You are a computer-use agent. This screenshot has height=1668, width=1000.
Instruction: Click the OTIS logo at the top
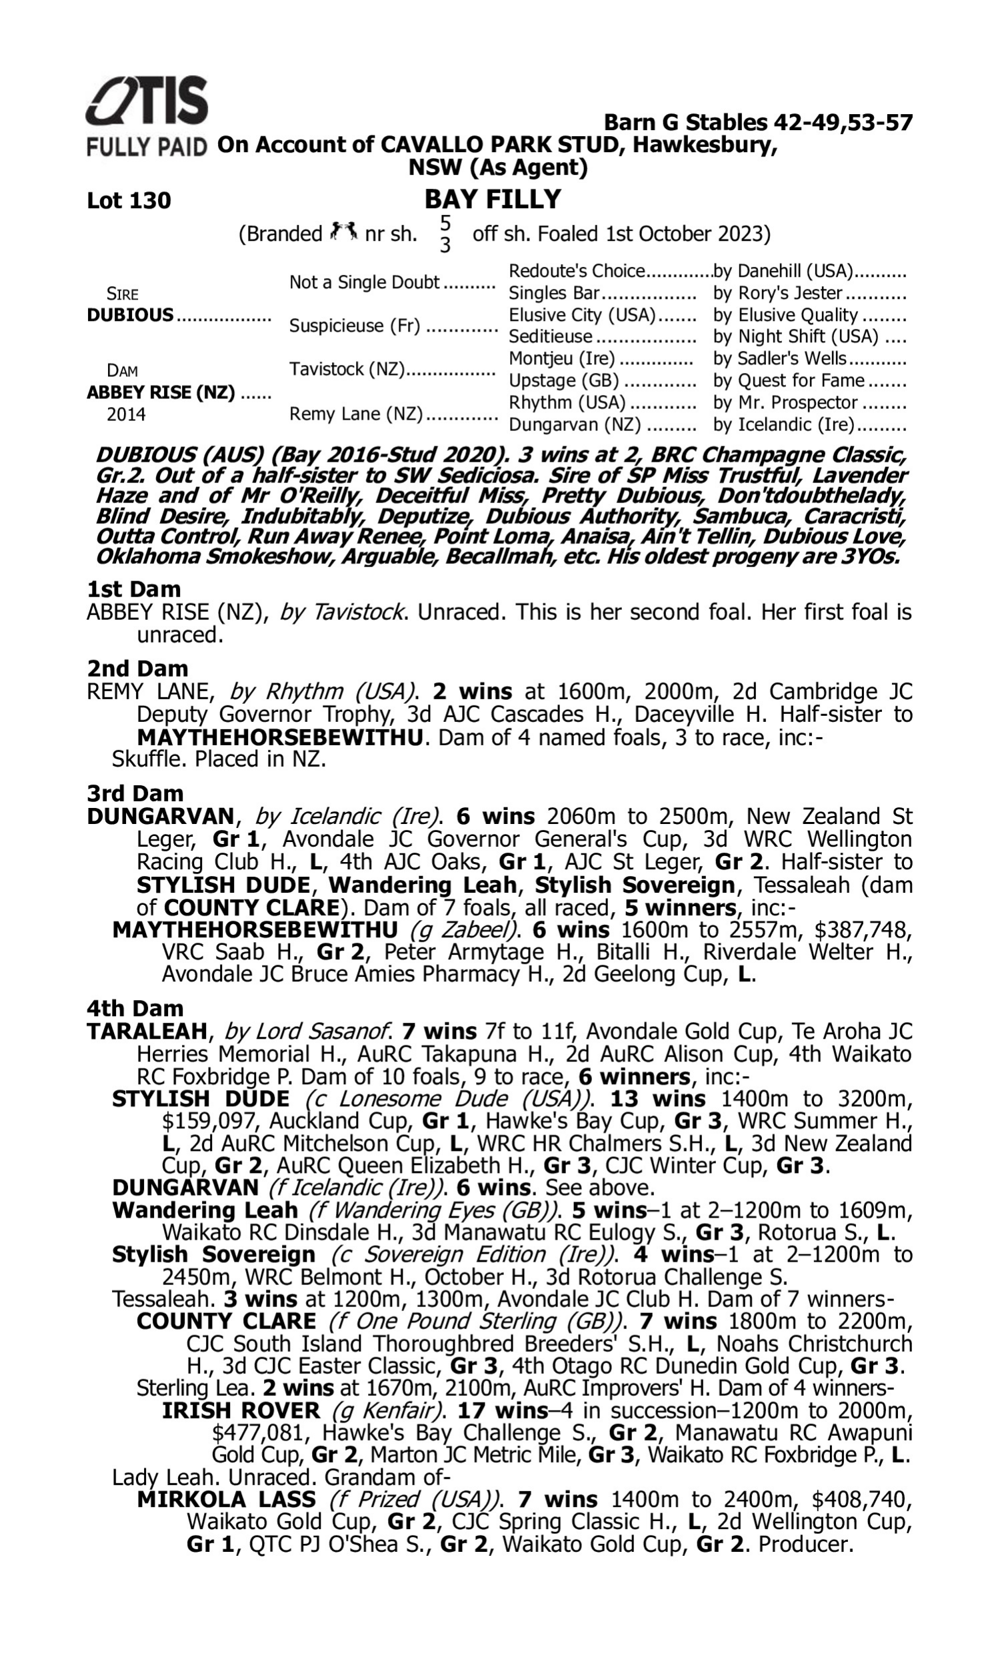(147, 101)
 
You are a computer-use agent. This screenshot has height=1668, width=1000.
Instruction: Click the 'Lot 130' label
(129, 200)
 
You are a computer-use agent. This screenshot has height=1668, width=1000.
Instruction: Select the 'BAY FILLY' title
(493, 199)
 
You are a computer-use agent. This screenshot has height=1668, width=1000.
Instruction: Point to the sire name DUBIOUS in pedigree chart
(130, 315)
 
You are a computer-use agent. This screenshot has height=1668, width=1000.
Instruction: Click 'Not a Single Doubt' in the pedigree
(364, 282)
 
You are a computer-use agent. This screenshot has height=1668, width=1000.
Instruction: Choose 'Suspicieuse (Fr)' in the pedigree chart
(355, 326)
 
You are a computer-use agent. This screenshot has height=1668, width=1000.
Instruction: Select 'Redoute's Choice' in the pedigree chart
(576, 271)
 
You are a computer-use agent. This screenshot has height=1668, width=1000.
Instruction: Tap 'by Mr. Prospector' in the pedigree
(785, 402)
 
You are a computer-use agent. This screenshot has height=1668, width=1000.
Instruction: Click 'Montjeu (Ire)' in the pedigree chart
(561, 359)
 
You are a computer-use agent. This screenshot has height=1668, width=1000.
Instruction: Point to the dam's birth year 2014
(126, 414)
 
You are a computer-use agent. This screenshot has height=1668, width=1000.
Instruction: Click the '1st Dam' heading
(134, 589)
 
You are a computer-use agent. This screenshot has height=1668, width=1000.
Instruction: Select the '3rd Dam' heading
(135, 793)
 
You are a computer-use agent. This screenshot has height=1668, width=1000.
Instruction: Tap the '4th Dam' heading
(135, 1009)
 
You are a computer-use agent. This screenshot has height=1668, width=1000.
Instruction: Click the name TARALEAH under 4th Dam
(146, 1031)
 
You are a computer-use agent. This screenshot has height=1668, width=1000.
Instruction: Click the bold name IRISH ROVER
(241, 1410)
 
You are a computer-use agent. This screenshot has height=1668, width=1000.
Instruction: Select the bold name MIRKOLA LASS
(226, 1499)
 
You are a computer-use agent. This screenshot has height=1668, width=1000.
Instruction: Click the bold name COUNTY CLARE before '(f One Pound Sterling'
(226, 1322)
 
